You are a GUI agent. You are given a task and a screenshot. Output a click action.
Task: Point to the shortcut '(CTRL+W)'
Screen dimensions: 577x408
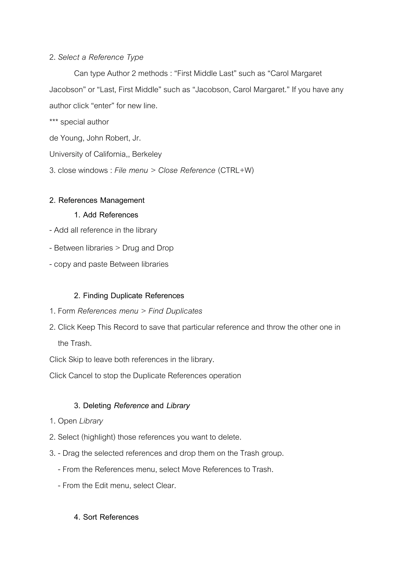tap(236, 170)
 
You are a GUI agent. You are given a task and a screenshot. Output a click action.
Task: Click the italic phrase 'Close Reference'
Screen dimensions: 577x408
tap(187, 170)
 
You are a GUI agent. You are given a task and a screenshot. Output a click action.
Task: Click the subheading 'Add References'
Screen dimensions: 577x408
tap(110, 215)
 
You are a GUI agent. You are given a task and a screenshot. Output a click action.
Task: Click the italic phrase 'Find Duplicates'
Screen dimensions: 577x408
tap(175, 311)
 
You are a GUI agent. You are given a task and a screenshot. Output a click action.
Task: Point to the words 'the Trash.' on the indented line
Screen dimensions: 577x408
tap(75, 343)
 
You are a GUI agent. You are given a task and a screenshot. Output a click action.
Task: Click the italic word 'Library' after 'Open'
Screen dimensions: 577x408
tap(91, 421)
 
